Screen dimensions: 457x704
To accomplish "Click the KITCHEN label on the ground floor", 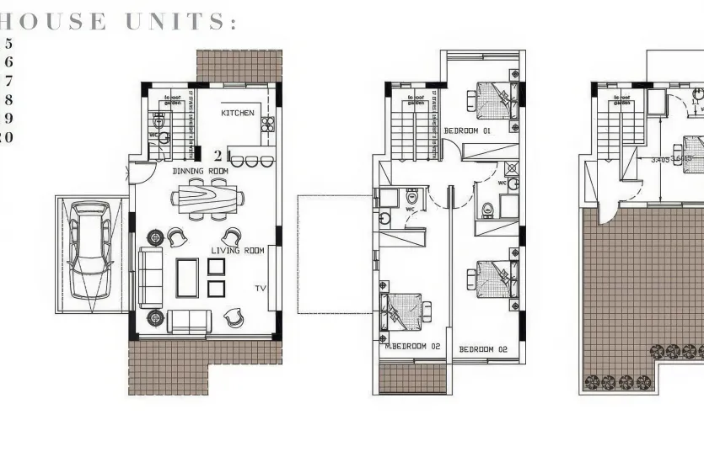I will [238, 113].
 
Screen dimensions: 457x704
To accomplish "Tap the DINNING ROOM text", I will [201, 171].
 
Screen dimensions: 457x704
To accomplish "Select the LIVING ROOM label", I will [238, 251].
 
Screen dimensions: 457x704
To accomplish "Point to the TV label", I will [261, 289].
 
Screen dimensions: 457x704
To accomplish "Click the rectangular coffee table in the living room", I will [185, 278].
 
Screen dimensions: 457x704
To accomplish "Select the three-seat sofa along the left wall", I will [150, 278].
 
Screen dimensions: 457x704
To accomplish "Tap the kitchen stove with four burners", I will [268, 125].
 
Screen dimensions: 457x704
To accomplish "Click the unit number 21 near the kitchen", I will [222, 155].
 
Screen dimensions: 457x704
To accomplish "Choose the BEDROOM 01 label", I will [467, 131].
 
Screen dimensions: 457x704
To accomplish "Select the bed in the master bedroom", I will [403, 312].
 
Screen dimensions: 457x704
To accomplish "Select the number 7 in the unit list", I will [9, 81].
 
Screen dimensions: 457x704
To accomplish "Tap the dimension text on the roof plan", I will [671, 158].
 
